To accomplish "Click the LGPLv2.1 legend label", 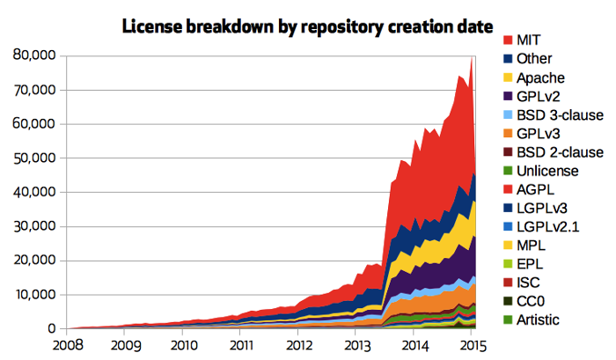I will (x=550, y=226).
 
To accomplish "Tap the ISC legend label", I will (x=530, y=283).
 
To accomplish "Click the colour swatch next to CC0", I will (x=508, y=301).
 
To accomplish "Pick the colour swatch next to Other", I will (x=508, y=59).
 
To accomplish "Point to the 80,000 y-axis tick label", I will (x=35, y=55).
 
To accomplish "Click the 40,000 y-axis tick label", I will (x=35, y=192).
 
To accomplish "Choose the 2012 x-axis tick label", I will (x=299, y=345).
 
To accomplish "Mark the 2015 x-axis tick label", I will (x=472, y=345).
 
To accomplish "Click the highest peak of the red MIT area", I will (x=472, y=58).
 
